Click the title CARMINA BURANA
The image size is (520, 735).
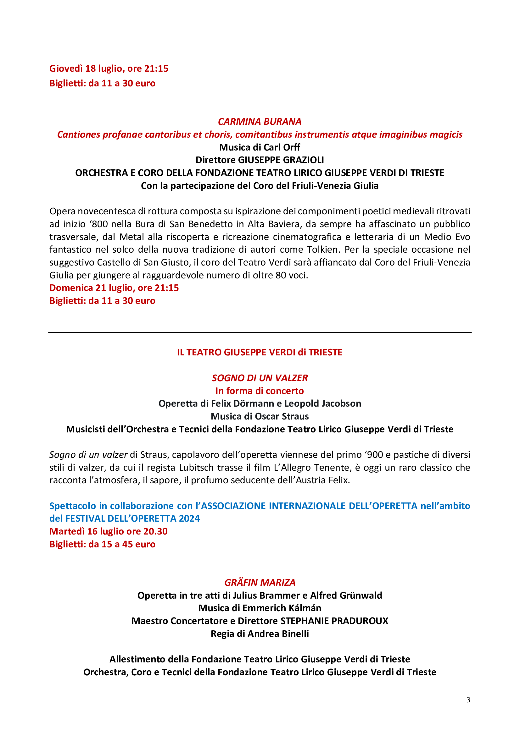pyautogui.click(x=260, y=122)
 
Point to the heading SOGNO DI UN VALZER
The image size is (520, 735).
pyautogui.click(x=260, y=378)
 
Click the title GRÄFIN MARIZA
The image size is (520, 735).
pyautogui.click(x=260, y=582)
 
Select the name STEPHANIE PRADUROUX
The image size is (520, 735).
pyautogui.click(x=334, y=621)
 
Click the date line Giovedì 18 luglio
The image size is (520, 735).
pyautogui.click(x=109, y=69)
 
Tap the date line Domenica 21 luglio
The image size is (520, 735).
pyautogui.click(x=114, y=288)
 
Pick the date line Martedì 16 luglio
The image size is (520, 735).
pyautogui.click(x=108, y=531)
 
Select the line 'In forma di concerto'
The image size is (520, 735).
pyautogui.click(x=260, y=391)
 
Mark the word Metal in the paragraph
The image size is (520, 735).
pyautogui.click(x=132, y=237)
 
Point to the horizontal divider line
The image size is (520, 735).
pyautogui.click(x=260, y=332)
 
